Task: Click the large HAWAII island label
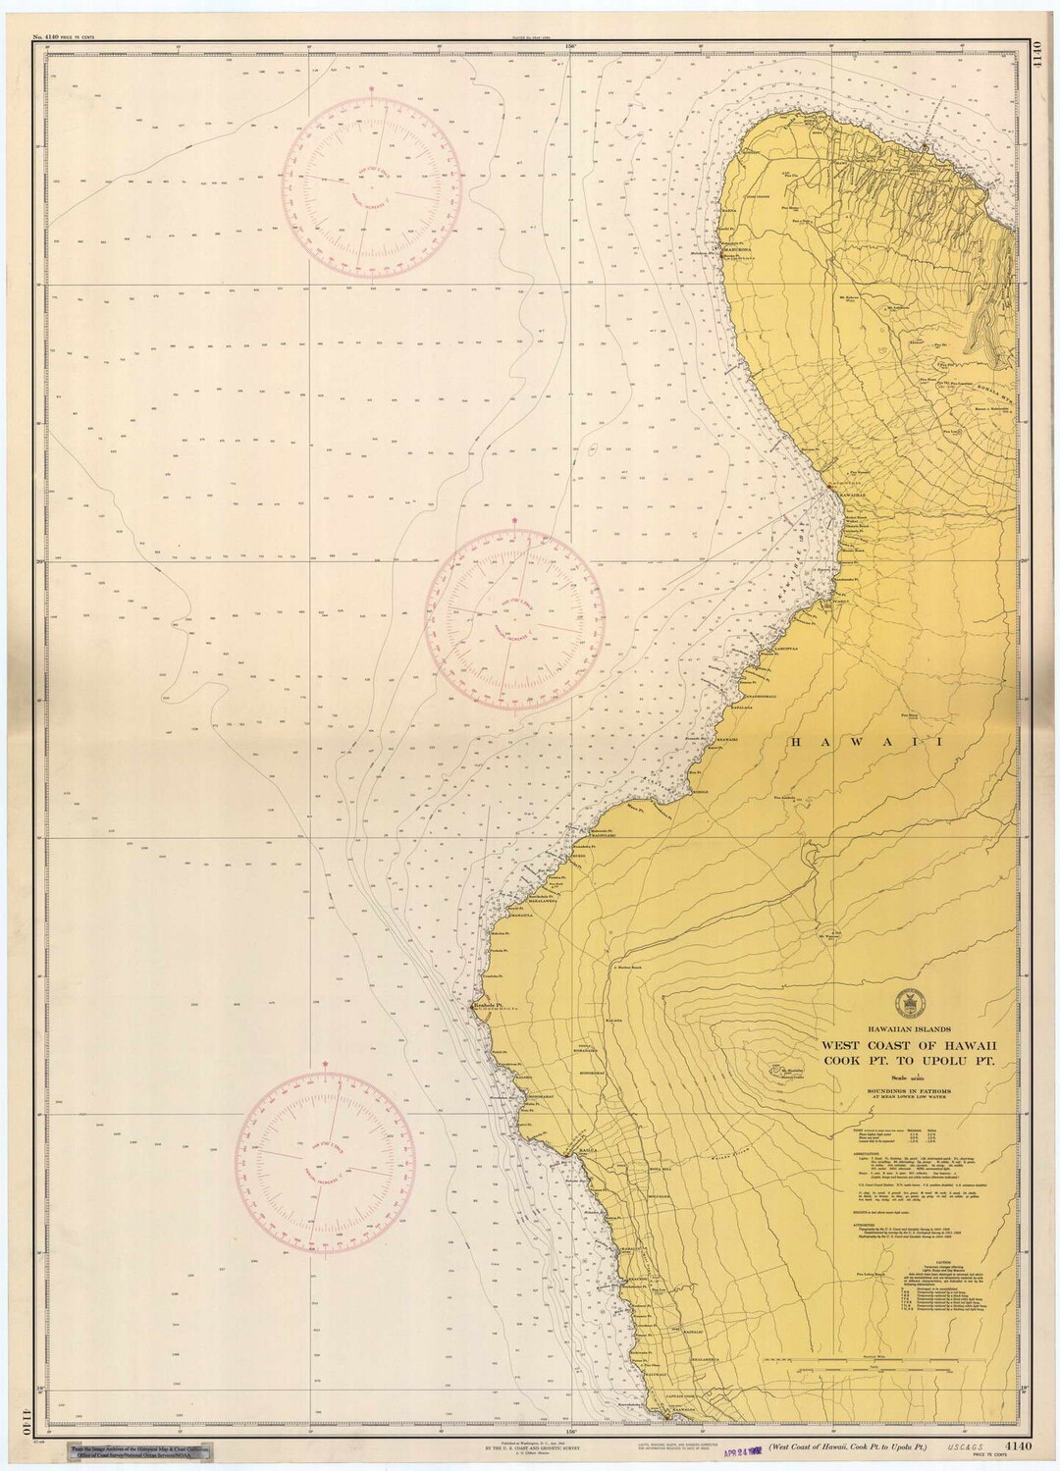click(x=866, y=743)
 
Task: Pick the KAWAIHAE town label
click(x=850, y=494)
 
